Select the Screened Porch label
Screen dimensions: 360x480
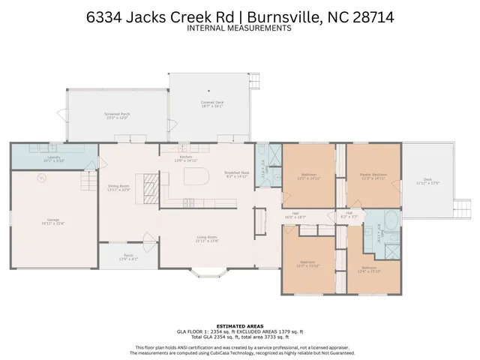[x=117, y=115]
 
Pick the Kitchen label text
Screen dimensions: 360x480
[x=185, y=158]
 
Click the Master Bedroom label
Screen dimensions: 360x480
[x=373, y=176]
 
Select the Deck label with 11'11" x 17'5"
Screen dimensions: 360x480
[x=427, y=181]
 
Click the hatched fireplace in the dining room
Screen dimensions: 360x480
[x=151, y=183]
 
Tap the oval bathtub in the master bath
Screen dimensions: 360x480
[x=390, y=221]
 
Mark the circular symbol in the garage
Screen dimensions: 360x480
[x=42, y=178]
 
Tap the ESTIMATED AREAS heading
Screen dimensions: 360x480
[x=239, y=325]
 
